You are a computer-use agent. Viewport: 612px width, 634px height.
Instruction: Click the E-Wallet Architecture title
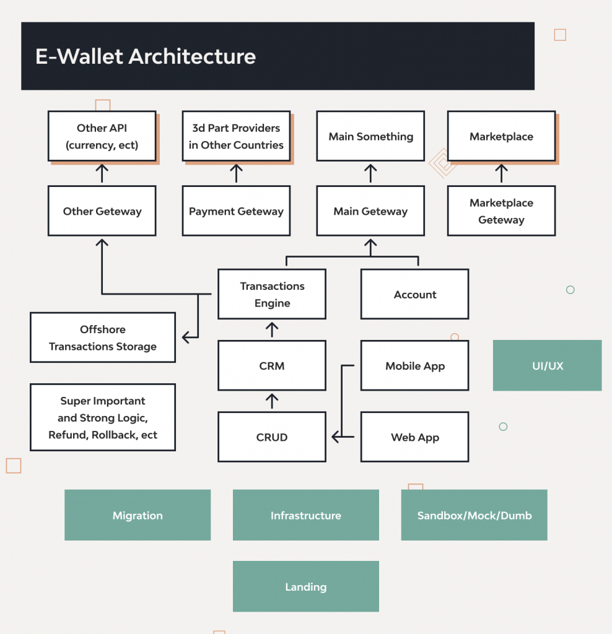pos(146,56)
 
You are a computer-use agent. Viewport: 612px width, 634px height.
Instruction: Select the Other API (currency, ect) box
pos(102,137)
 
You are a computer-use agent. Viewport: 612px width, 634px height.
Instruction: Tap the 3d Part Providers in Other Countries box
pos(236,137)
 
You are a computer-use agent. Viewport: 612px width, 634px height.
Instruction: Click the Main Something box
pos(370,137)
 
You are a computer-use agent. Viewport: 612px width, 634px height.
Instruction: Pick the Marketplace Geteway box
pos(501,211)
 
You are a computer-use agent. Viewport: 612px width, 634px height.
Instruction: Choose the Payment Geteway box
pos(236,211)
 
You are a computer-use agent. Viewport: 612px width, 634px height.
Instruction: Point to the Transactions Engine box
pos(272,295)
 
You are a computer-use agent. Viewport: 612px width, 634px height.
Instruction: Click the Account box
pos(415,295)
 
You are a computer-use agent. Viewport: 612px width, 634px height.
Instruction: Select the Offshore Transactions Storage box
pos(103,338)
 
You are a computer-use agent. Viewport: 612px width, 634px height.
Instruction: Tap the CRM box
pos(272,366)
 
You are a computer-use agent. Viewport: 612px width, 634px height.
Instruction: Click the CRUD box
pos(272,437)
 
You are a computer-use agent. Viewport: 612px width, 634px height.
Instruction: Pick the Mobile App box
pos(415,366)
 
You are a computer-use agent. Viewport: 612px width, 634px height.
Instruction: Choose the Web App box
pos(415,437)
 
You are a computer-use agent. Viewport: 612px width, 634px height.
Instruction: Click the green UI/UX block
pos(547,366)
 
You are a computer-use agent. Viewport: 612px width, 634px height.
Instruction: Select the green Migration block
pos(138,515)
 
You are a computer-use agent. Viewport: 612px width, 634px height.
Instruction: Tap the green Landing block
pos(305,586)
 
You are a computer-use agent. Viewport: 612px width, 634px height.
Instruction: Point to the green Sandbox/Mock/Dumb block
pos(474,515)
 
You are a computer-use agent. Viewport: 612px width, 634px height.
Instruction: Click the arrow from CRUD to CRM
pos(272,401)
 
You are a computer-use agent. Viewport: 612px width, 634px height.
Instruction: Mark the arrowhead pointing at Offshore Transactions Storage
pos(186,337)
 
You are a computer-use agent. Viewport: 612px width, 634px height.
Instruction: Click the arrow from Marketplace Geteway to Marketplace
pos(502,174)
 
